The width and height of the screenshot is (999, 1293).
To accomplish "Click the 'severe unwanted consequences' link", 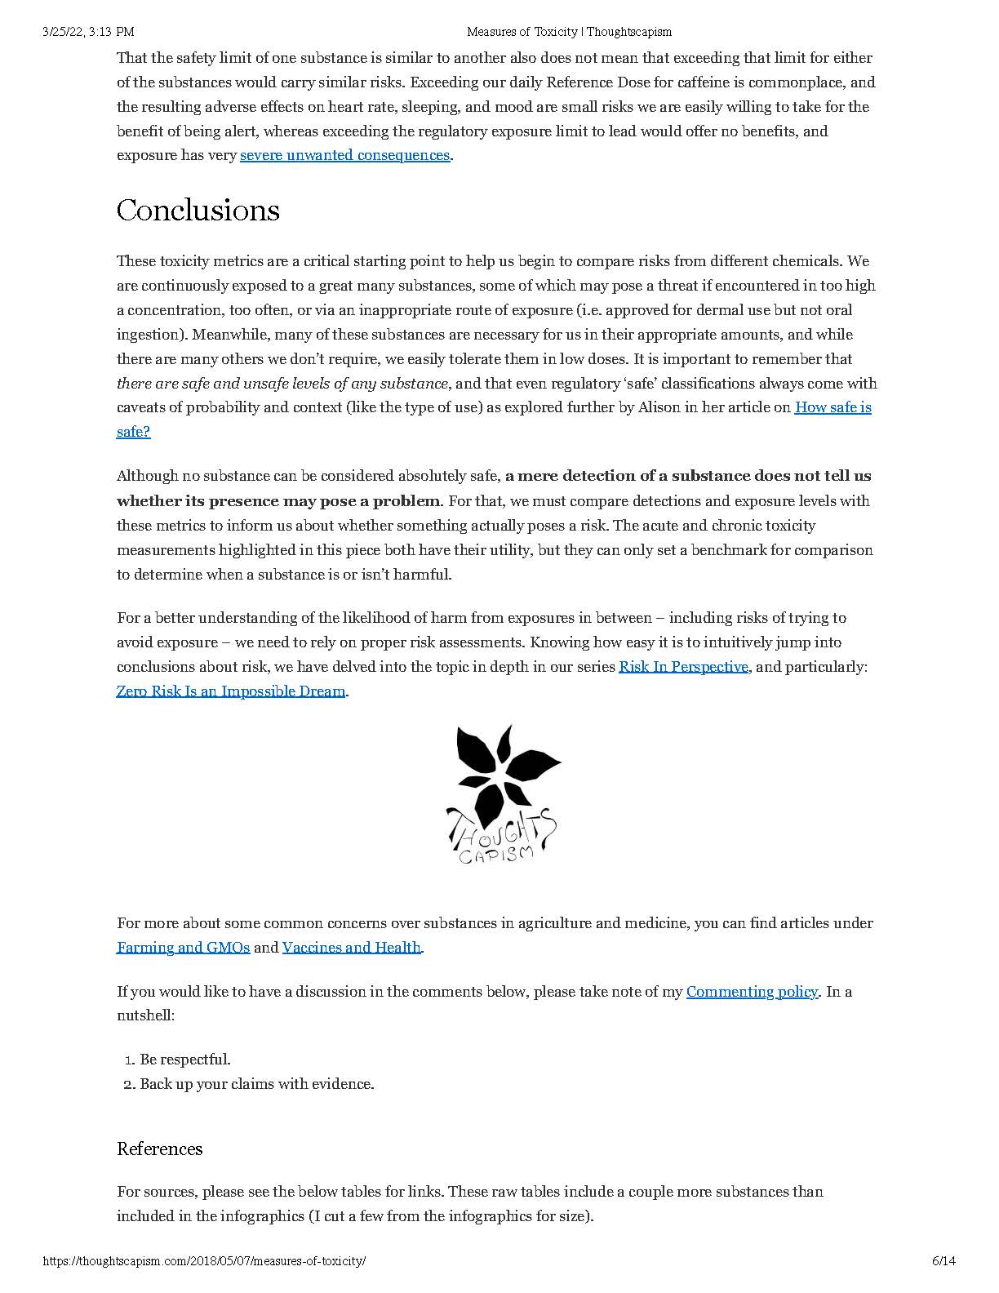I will click(x=344, y=155).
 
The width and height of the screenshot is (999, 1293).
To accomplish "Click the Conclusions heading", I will click(x=198, y=211).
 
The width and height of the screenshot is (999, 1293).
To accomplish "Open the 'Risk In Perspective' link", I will click(x=683, y=667).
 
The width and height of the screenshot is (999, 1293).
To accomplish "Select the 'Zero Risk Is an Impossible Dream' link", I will click(x=231, y=691).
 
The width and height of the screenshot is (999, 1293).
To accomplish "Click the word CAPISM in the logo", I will click(x=495, y=854).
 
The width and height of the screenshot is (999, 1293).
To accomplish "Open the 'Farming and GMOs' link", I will click(x=183, y=948).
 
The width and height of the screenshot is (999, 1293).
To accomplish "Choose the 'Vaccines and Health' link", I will click(x=351, y=948).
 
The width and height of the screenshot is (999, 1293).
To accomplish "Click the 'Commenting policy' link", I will click(x=752, y=992).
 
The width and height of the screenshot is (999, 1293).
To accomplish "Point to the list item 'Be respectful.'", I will click(x=185, y=1060).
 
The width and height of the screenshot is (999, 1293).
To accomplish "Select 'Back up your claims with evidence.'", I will click(x=257, y=1084).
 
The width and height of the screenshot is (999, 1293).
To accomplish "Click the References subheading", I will click(x=160, y=1149).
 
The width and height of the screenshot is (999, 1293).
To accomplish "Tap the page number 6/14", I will click(x=943, y=1261).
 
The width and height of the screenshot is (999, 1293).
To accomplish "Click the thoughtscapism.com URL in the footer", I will click(x=204, y=1261).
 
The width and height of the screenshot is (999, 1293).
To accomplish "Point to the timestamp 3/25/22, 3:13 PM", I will click(x=88, y=32).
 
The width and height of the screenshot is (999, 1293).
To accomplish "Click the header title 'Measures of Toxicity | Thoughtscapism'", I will click(x=569, y=32).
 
